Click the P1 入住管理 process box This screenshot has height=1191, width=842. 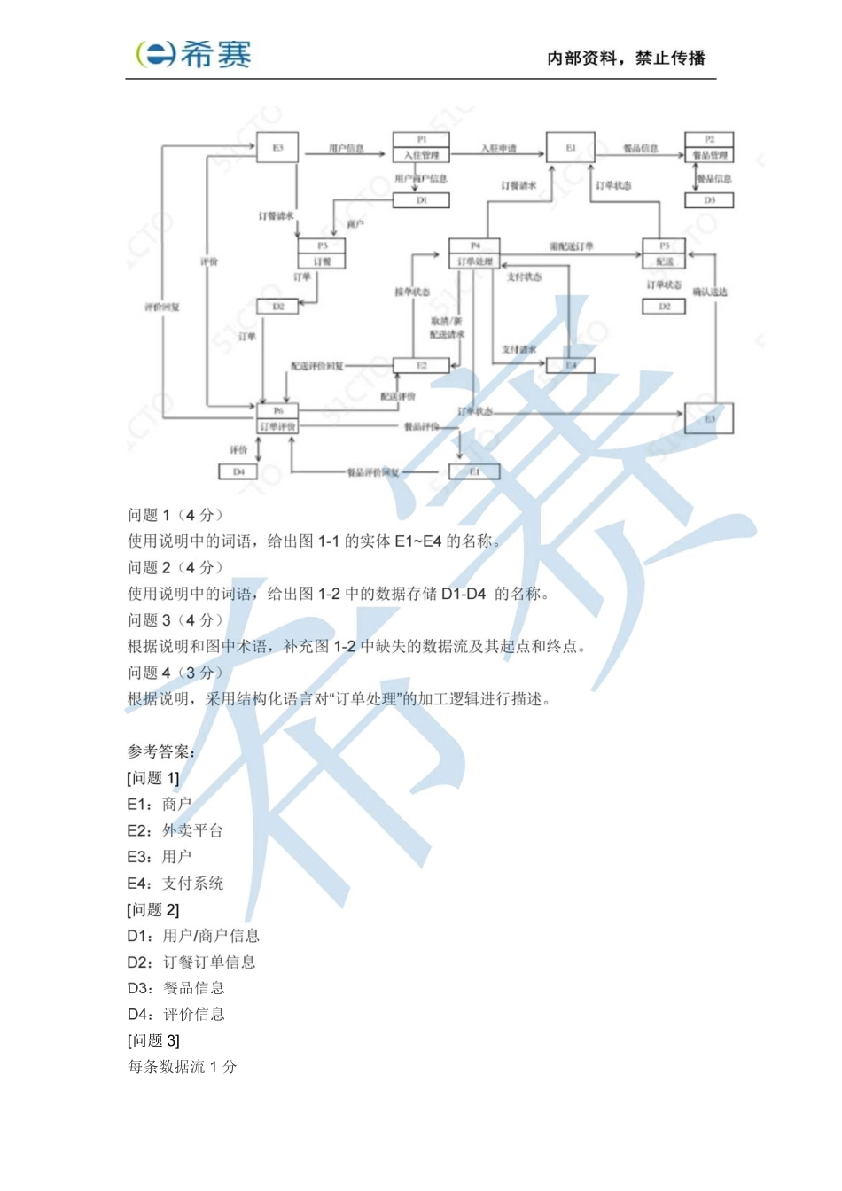[x=421, y=147]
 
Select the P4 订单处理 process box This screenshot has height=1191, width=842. [x=474, y=253]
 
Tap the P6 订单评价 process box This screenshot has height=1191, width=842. [x=277, y=418]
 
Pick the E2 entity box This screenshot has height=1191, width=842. [x=421, y=365]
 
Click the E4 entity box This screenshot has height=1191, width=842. [x=571, y=365]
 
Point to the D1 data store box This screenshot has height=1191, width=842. [x=421, y=201]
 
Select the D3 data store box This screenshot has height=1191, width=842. [x=709, y=201]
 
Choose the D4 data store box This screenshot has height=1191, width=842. [x=238, y=472]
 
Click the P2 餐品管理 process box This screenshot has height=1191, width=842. [x=709, y=147]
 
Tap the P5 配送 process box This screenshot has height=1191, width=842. [x=664, y=253]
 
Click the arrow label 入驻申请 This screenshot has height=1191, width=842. [x=498, y=148]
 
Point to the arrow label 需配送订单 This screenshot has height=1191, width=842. [x=571, y=245]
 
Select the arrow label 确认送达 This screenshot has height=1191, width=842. [x=710, y=292]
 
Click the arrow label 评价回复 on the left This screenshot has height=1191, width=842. [x=162, y=307]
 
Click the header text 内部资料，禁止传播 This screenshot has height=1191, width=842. [x=626, y=58]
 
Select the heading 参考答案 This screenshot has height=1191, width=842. [x=160, y=751]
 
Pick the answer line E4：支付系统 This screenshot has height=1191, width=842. [x=175, y=883]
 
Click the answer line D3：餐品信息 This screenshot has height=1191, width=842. [x=175, y=988]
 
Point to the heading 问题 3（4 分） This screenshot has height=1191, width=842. [x=175, y=620]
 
